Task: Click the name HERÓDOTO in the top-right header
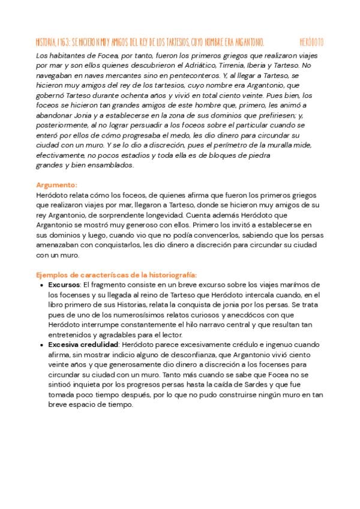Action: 311,42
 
